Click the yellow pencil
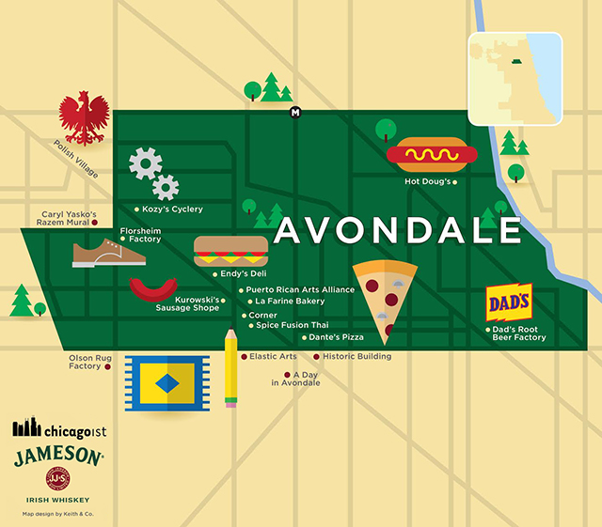coord(230,367)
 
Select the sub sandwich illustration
coord(230,252)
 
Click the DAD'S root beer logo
coord(510,302)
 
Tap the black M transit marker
coord(295,114)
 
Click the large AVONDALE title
coord(399,231)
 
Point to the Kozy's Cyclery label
coord(172,209)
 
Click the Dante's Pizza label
coord(336,336)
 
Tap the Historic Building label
coord(356,357)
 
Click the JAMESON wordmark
coord(58,457)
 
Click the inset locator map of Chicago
coord(515,79)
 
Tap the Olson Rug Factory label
coord(84,362)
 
